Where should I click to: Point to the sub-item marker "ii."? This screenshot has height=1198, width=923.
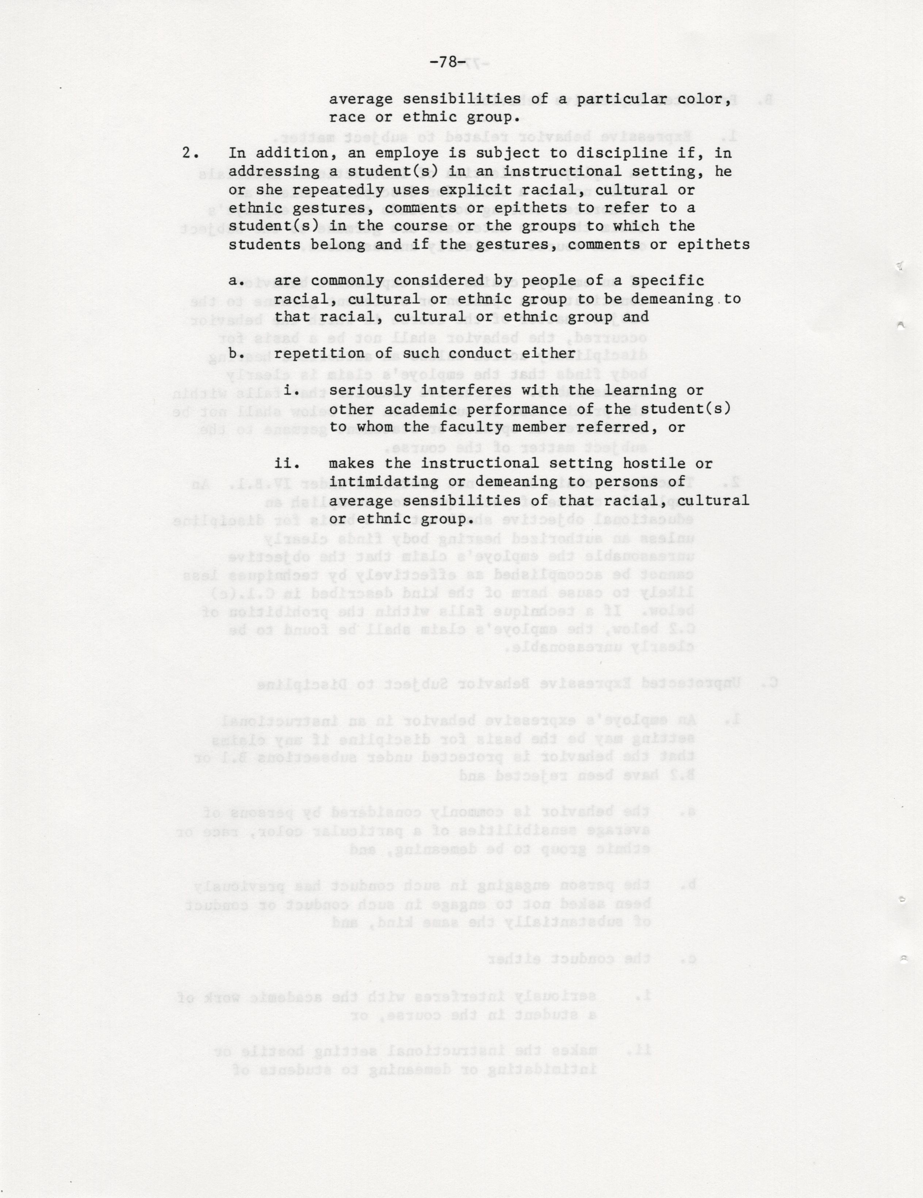[x=287, y=464]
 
